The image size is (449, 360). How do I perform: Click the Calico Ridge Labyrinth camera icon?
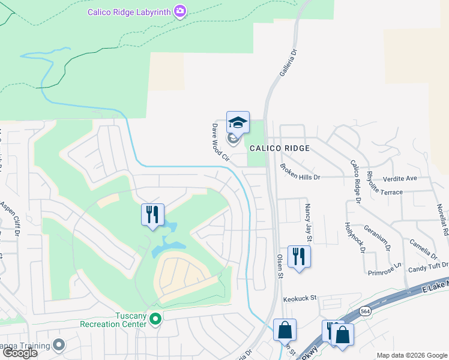click(179, 11)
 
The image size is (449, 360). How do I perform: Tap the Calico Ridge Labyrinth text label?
click(128, 11)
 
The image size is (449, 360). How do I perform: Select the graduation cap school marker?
click(238, 122)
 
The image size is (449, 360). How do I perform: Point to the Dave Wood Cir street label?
click(220, 143)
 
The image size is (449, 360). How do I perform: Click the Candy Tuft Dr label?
click(428, 266)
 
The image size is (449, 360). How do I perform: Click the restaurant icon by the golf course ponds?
click(152, 215)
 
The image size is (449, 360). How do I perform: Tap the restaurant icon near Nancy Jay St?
click(298, 257)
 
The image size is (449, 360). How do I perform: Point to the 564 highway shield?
click(365, 311)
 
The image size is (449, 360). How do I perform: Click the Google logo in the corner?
click(20, 353)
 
